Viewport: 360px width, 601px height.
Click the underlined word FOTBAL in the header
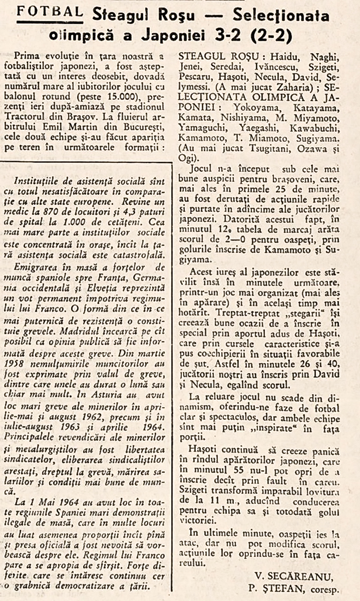[50, 12]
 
